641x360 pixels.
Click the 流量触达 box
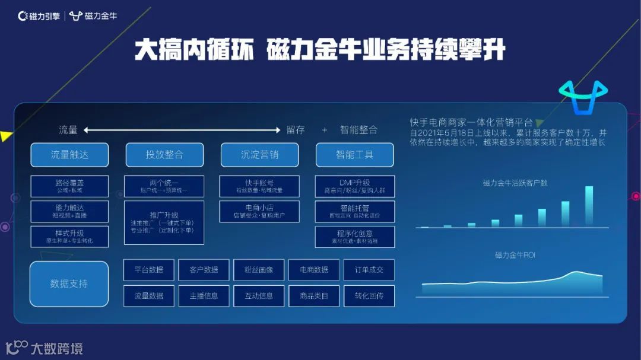pos(69,155)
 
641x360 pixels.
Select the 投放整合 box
pos(164,155)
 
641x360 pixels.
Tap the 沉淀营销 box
pos(259,155)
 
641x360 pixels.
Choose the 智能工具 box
pos(354,155)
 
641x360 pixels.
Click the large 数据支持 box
pos(69,283)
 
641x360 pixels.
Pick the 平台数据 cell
pos(148,270)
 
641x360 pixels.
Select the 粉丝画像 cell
pos(259,270)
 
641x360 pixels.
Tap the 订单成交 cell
pos(369,270)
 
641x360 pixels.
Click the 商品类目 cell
pos(314,296)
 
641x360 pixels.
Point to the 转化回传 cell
pos(369,296)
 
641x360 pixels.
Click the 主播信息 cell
pos(204,296)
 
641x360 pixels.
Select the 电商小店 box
pos(259,211)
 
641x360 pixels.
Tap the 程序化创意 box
pos(354,237)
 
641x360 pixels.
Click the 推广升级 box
pos(164,222)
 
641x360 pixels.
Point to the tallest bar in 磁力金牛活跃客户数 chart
pos(589,206)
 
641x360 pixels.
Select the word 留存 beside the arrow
pos(296,130)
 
